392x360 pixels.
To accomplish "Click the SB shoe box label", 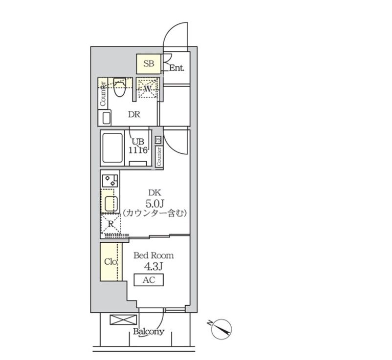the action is (149, 64).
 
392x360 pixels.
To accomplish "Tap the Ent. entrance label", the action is (177, 68).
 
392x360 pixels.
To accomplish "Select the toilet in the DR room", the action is (119, 87).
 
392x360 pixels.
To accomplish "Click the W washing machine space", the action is (148, 88).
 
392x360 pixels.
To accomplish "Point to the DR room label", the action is (134, 114).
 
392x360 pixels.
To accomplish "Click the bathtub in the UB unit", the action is (112, 148).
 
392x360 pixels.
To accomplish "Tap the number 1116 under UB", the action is (137, 150).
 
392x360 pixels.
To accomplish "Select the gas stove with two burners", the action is (110, 180).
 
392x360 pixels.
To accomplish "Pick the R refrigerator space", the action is (111, 224).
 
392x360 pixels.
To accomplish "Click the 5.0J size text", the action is (154, 204).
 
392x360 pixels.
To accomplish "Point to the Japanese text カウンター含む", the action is (155, 213).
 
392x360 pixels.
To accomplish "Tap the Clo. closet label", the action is (111, 261).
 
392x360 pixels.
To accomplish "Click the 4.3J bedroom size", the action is (153, 267).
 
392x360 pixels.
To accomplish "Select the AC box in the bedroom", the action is (149, 280).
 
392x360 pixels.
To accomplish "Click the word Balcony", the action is (149, 332).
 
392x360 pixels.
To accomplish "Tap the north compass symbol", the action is (221, 329).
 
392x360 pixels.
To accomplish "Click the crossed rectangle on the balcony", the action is (123, 320).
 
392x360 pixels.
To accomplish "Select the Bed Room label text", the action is (153, 255).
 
